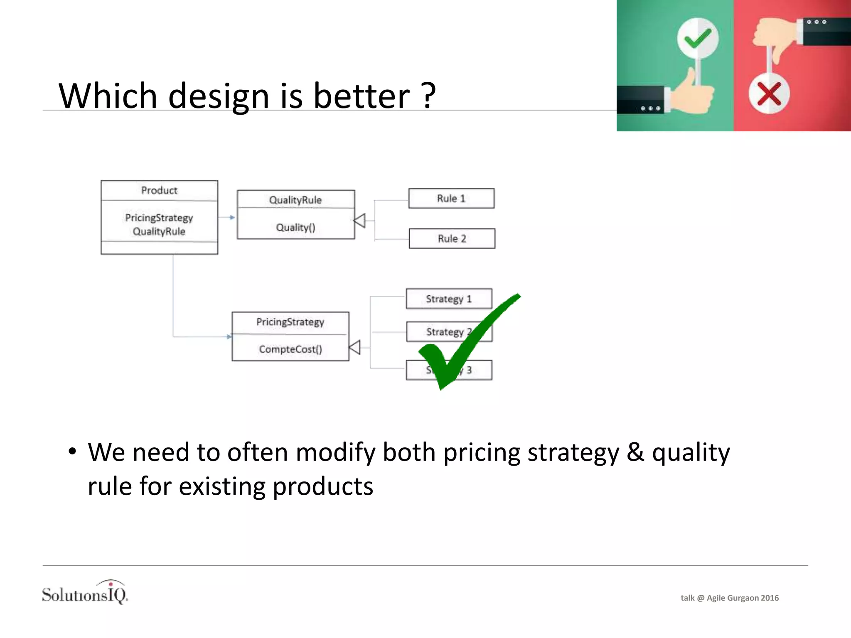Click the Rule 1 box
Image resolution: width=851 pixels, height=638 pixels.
point(451,199)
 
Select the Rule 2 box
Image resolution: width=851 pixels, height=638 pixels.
point(452,238)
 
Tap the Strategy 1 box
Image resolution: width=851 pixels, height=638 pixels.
point(449,299)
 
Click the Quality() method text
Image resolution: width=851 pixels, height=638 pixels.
point(295,227)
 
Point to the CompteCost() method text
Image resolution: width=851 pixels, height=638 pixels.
point(290,349)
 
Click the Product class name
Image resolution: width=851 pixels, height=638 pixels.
point(159,190)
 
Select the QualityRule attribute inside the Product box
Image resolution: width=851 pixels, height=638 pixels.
point(159,231)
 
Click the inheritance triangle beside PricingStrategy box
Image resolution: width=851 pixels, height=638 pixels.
point(355,347)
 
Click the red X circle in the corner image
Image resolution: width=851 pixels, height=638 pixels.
point(769,94)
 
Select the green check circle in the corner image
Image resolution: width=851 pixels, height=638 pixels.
point(698,39)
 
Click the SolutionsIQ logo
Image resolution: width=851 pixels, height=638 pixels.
point(85,593)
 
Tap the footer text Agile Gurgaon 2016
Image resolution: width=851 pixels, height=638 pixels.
point(743,598)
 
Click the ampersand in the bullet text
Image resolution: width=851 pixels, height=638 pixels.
point(635,452)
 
